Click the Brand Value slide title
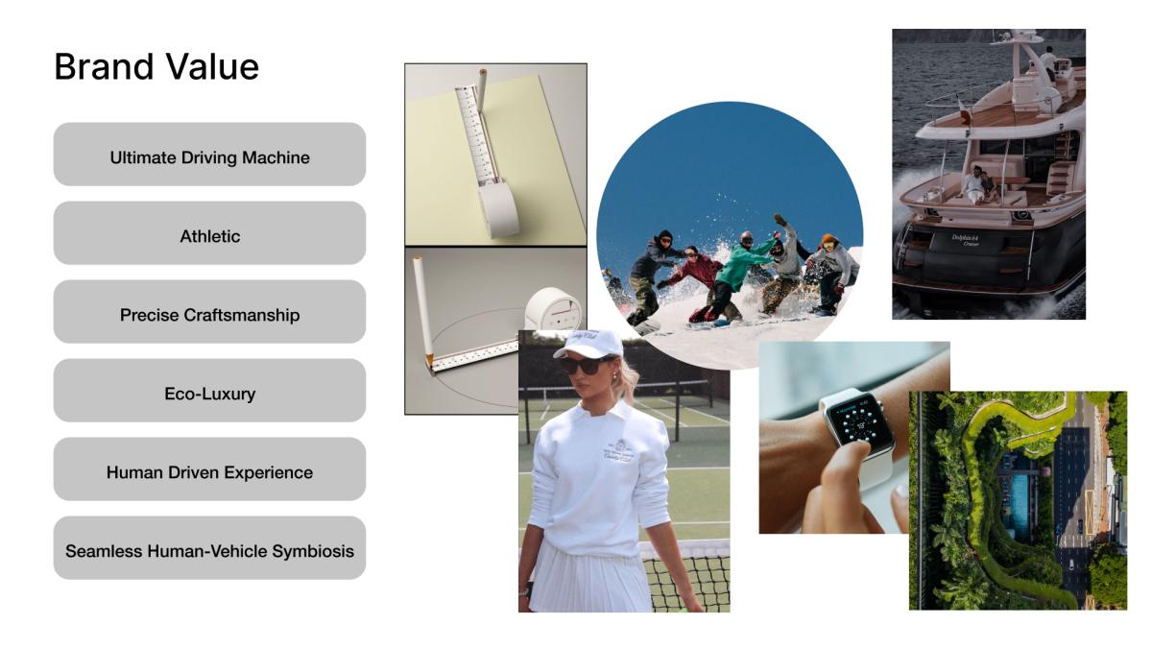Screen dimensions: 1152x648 156,67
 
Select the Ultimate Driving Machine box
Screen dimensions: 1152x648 210,155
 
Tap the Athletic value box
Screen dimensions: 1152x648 210,233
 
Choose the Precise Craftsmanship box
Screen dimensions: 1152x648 210,312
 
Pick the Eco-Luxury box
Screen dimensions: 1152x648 210,391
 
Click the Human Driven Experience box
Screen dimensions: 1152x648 210,469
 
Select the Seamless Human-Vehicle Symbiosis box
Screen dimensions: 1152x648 210,548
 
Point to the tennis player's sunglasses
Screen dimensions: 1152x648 586,365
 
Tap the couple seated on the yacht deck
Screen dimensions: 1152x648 980,184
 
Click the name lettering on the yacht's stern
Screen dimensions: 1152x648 966,240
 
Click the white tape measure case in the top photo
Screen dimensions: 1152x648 499,210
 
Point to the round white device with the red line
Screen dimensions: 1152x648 554,309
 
